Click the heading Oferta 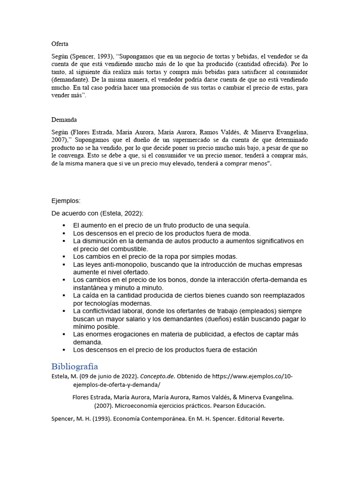[x=60, y=44]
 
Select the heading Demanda [x=64, y=120]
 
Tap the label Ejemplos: [x=66, y=201]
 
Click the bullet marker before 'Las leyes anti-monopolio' [x=63, y=264]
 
